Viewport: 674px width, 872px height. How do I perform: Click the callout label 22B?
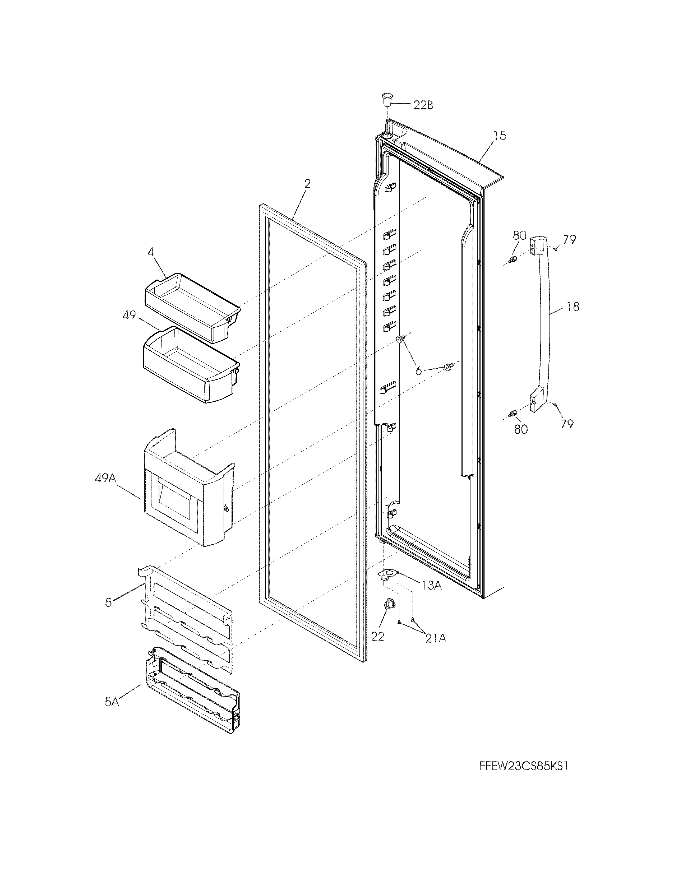tap(423, 105)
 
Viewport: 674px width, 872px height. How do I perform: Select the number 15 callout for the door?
tap(499, 136)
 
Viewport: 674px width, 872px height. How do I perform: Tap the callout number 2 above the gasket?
tap(307, 184)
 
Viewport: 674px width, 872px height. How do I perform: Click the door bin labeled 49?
tap(190, 363)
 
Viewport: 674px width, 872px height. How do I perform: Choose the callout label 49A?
tap(105, 478)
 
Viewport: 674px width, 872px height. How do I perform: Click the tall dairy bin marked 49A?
tap(188, 491)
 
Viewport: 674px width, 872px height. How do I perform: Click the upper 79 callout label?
tap(569, 240)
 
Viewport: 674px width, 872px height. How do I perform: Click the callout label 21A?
tap(435, 639)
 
